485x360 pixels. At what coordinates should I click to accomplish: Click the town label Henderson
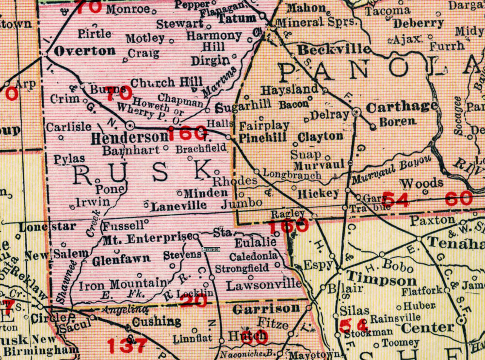coord(129,138)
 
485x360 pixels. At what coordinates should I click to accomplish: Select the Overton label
coord(85,51)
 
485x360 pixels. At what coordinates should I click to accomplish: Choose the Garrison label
coord(266,309)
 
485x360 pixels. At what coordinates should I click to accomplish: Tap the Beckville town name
coord(334,50)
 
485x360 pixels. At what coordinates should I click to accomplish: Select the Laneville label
coord(178,205)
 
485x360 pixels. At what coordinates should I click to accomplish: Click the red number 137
coord(127,345)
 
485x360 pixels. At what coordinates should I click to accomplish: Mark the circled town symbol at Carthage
coord(357,112)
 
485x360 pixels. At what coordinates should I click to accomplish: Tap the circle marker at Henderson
coord(130,125)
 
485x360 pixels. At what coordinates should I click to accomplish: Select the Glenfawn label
coord(121,259)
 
